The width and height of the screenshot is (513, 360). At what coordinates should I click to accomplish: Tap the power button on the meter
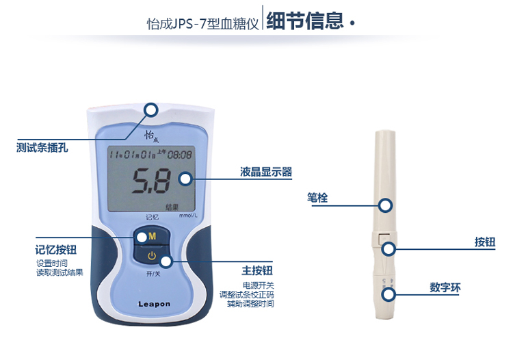(x=151, y=257)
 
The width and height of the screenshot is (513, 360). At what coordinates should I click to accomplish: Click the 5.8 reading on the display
(x=151, y=182)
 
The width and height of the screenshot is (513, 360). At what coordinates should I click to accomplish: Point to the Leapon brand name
(x=154, y=304)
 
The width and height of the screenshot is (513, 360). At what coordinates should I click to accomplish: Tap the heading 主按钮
(x=257, y=270)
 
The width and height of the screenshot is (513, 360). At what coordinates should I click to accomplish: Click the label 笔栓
(x=317, y=198)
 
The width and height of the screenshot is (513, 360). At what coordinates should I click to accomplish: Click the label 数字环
(x=445, y=288)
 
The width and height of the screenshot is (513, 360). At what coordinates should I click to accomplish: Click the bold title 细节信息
(x=305, y=21)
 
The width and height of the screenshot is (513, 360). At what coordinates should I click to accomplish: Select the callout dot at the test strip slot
(x=150, y=110)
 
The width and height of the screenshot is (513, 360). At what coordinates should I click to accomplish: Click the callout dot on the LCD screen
(x=185, y=179)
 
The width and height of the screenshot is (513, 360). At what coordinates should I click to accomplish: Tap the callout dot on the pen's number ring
(x=389, y=294)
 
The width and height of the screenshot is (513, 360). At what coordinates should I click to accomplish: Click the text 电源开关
(x=258, y=285)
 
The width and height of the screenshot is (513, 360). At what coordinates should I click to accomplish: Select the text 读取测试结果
(x=60, y=272)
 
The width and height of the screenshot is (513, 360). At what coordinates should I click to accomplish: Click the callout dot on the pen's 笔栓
(x=386, y=204)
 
